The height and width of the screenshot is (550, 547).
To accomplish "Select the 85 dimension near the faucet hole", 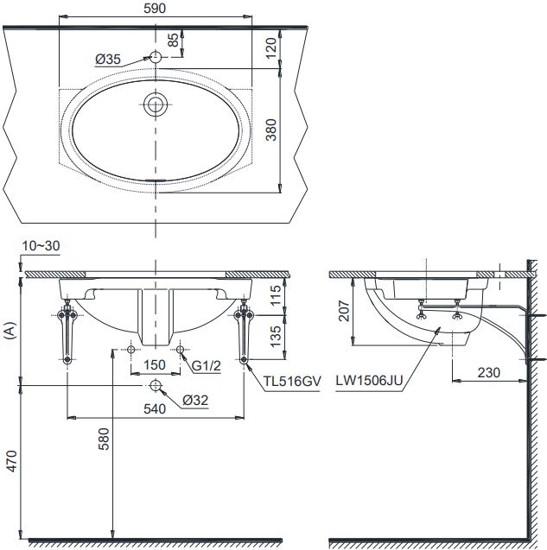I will click(173, 40).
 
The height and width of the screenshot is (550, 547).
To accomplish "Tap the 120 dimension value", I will click(271, 47).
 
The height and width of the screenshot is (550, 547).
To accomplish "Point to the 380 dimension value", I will click(271, 130).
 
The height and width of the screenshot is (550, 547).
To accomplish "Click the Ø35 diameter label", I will click(108, 59).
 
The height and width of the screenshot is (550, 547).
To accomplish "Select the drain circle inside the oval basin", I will click(155, 104).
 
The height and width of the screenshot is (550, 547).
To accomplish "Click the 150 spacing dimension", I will click(155, 364).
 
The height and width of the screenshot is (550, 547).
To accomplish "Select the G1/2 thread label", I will click(207, 365).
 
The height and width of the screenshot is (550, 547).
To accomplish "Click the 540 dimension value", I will click(155, 410).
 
